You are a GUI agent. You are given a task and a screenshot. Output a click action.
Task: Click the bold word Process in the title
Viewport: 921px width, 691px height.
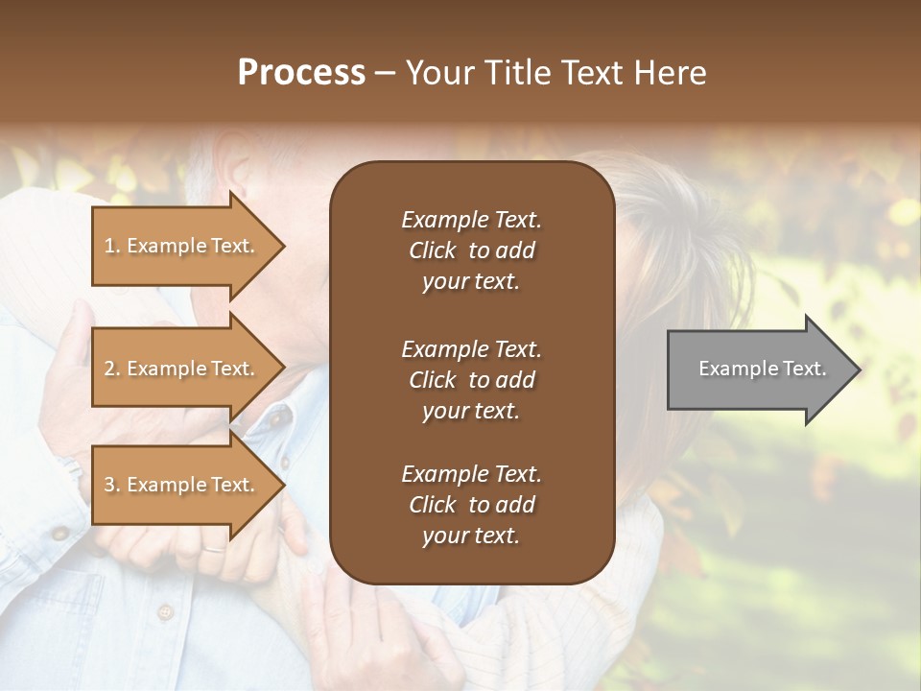[301, 73]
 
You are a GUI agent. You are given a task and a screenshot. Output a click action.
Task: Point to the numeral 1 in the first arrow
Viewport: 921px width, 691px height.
[109, 246]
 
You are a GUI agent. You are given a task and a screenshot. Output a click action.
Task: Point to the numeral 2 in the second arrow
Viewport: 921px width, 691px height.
[109, 369]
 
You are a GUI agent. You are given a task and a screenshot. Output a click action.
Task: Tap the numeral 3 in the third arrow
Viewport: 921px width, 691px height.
[109, 485]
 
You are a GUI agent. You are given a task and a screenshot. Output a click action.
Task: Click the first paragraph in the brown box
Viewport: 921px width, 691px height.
[471, 250]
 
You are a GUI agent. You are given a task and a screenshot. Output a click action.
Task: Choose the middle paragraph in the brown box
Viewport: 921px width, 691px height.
[471, 379]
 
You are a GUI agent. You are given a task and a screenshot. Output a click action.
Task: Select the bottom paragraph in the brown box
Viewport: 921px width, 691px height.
[471, 504]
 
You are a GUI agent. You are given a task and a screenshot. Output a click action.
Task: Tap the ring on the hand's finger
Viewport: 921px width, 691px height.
[213, 550]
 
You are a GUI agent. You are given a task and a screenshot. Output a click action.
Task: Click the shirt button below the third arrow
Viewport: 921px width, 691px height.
[164, 611]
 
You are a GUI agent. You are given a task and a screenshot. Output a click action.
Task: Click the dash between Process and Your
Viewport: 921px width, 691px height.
[385, 74]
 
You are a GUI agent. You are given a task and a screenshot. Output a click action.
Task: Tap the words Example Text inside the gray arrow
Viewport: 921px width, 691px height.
[762, 369]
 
